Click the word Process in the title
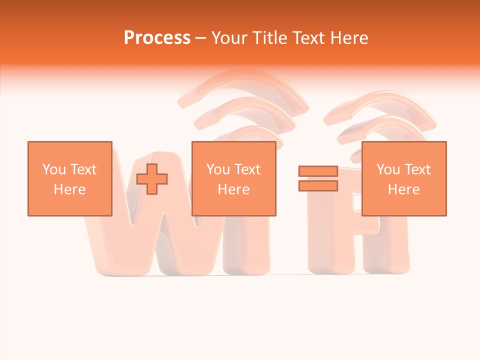(157, 37)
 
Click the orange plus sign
(152, 179)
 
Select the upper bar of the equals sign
(318, 171)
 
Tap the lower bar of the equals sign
(318, 185)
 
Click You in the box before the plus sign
(54, 169)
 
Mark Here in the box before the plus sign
(69, 189)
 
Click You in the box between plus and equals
(218, 169)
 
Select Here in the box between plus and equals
(233, 189)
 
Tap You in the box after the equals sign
(388, 169)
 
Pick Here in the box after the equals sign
(403, 189)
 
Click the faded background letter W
(150, 240)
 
